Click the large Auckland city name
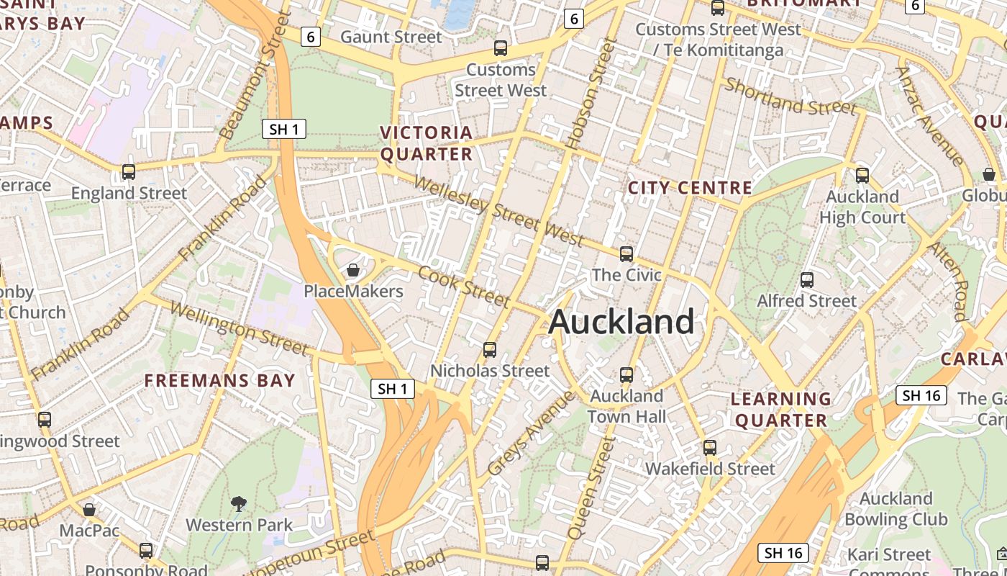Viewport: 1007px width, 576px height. [x=621, y=322]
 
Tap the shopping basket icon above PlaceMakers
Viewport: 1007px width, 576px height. [x=353, y=271]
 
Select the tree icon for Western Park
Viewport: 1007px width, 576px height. [x=238, y=504]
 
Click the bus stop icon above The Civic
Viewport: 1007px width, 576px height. [x=626, y=254]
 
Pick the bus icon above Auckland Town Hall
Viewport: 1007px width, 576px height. [x=626, y=375]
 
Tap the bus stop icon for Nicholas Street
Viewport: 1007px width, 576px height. [x=490, y=350]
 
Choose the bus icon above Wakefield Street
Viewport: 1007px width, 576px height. [x=710, y=448]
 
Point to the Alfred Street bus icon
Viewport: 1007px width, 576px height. [x=807, y=280]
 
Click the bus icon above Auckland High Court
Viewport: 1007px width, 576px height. [x=862, y=175]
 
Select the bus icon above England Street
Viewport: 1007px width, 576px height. [x=129, y=172]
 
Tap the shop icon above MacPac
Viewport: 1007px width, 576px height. [x=89, y=510]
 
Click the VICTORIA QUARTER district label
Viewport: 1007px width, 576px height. [x=427, y=143]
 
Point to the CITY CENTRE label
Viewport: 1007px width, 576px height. [x=690, y=188]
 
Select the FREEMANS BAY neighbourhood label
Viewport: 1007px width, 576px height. [x=220, y=380]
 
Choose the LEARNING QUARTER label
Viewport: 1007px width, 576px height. [x=781, y=409]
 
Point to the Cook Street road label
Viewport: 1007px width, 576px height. [x=464, y=286]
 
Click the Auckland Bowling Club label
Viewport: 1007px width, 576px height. [x=896, y=508]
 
